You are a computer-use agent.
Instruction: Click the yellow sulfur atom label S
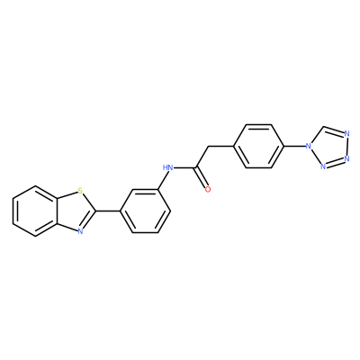[79, 190]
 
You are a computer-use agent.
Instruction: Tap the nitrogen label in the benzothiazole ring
[79, 231]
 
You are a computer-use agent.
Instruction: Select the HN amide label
[167, 167]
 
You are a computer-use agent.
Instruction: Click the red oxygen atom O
[208, 189]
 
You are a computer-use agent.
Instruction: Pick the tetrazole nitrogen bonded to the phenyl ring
[307, 147]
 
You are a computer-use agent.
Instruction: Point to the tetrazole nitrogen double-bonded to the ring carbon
[347, 133]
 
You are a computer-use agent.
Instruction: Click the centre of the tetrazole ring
[329, 147]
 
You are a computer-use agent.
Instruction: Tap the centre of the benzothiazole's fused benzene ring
[36, 211]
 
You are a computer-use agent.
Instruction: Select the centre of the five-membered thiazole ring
[76, 211]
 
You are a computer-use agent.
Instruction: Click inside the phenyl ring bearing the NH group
[145, 211]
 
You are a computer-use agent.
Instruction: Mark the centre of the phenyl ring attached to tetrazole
[258, 147]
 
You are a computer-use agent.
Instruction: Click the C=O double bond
[202, 178]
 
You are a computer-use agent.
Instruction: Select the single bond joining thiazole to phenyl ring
[108, 211]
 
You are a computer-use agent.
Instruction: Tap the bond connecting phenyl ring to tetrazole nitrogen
[294, 147]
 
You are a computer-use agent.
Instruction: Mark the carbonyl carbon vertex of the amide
[195, 168]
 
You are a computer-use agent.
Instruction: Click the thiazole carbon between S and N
[95, 211]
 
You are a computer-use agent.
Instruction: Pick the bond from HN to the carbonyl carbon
[184, 167]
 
